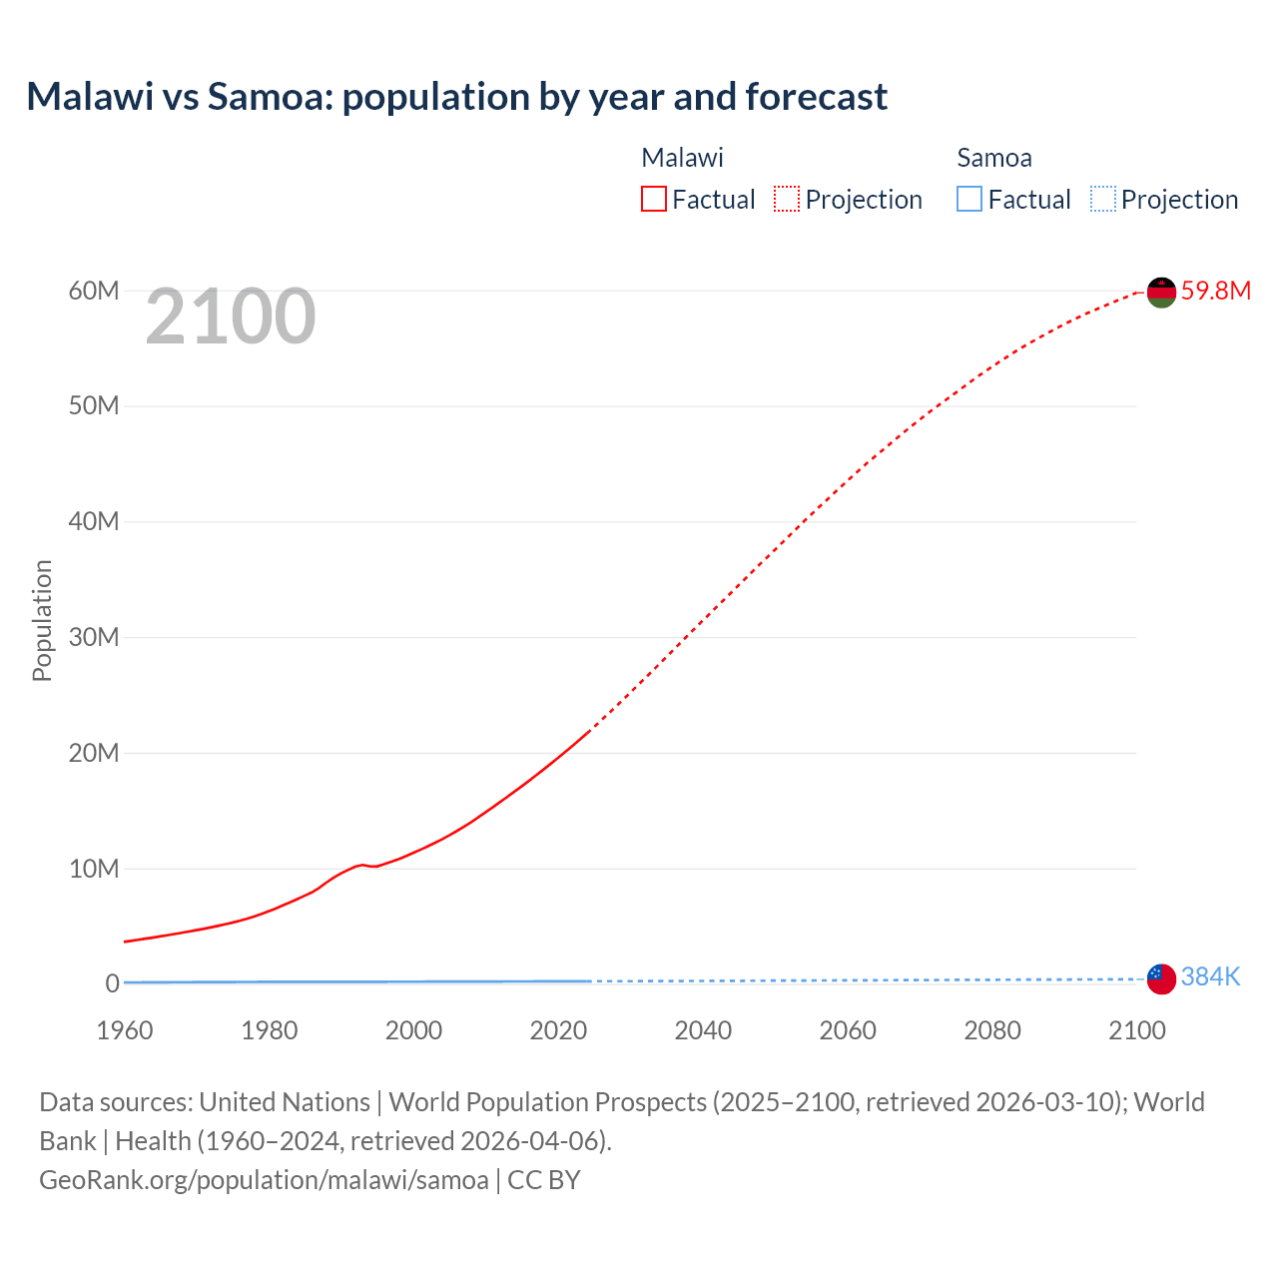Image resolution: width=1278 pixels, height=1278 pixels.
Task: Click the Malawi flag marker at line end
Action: click(x=1161, y=293)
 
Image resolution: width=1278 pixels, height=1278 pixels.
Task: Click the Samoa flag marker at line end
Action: click(x=1161, y=978)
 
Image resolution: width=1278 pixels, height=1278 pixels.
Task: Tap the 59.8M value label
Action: click(x=1215, y=291)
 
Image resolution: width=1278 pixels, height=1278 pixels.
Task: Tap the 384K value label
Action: click(x=1210, y=976)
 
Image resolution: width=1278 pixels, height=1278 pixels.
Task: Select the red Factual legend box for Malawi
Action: click(x=653, y=200)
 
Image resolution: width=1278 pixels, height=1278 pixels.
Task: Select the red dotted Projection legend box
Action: click(x=787, y=200)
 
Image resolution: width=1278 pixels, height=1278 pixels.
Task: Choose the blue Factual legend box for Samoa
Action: click(x=968, y=200)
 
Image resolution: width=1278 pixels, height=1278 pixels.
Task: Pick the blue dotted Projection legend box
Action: click(x=1102, y=200)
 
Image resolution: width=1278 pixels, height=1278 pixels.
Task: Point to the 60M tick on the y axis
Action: click(x=94, y=291)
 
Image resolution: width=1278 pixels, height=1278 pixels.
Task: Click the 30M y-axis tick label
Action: click(x=94, y=637)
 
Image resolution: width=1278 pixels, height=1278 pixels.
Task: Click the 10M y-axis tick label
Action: click(x=94, y=869)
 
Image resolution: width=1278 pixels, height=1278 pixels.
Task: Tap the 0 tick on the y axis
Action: click(x=112, y=983)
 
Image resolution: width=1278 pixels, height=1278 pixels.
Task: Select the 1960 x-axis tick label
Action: click(x=125, y=1030)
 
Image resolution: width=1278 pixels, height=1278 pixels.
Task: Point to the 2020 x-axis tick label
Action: click(x=558, y=1030)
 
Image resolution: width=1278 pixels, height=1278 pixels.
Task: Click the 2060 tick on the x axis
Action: click(x=848, y=1030)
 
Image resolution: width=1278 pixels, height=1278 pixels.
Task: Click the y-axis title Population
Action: click(x=42, y=620)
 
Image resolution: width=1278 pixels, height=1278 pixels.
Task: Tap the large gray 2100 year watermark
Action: click(x=231, y=317)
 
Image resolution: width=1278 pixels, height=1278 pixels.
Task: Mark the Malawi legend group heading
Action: click(x=682, y=158)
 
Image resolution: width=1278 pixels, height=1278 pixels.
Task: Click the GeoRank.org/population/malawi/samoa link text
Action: click(x=264, y=1180)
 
